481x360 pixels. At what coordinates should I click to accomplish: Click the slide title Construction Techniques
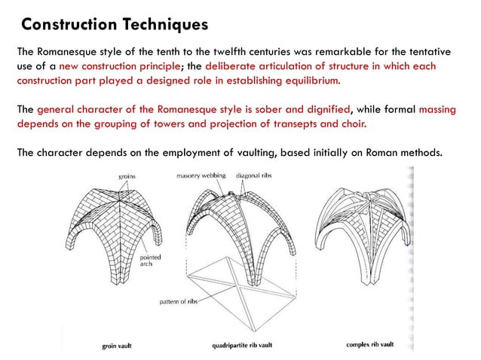114,25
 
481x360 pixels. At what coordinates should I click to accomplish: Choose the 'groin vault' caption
119,347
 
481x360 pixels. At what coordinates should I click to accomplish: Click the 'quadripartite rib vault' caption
244,347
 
